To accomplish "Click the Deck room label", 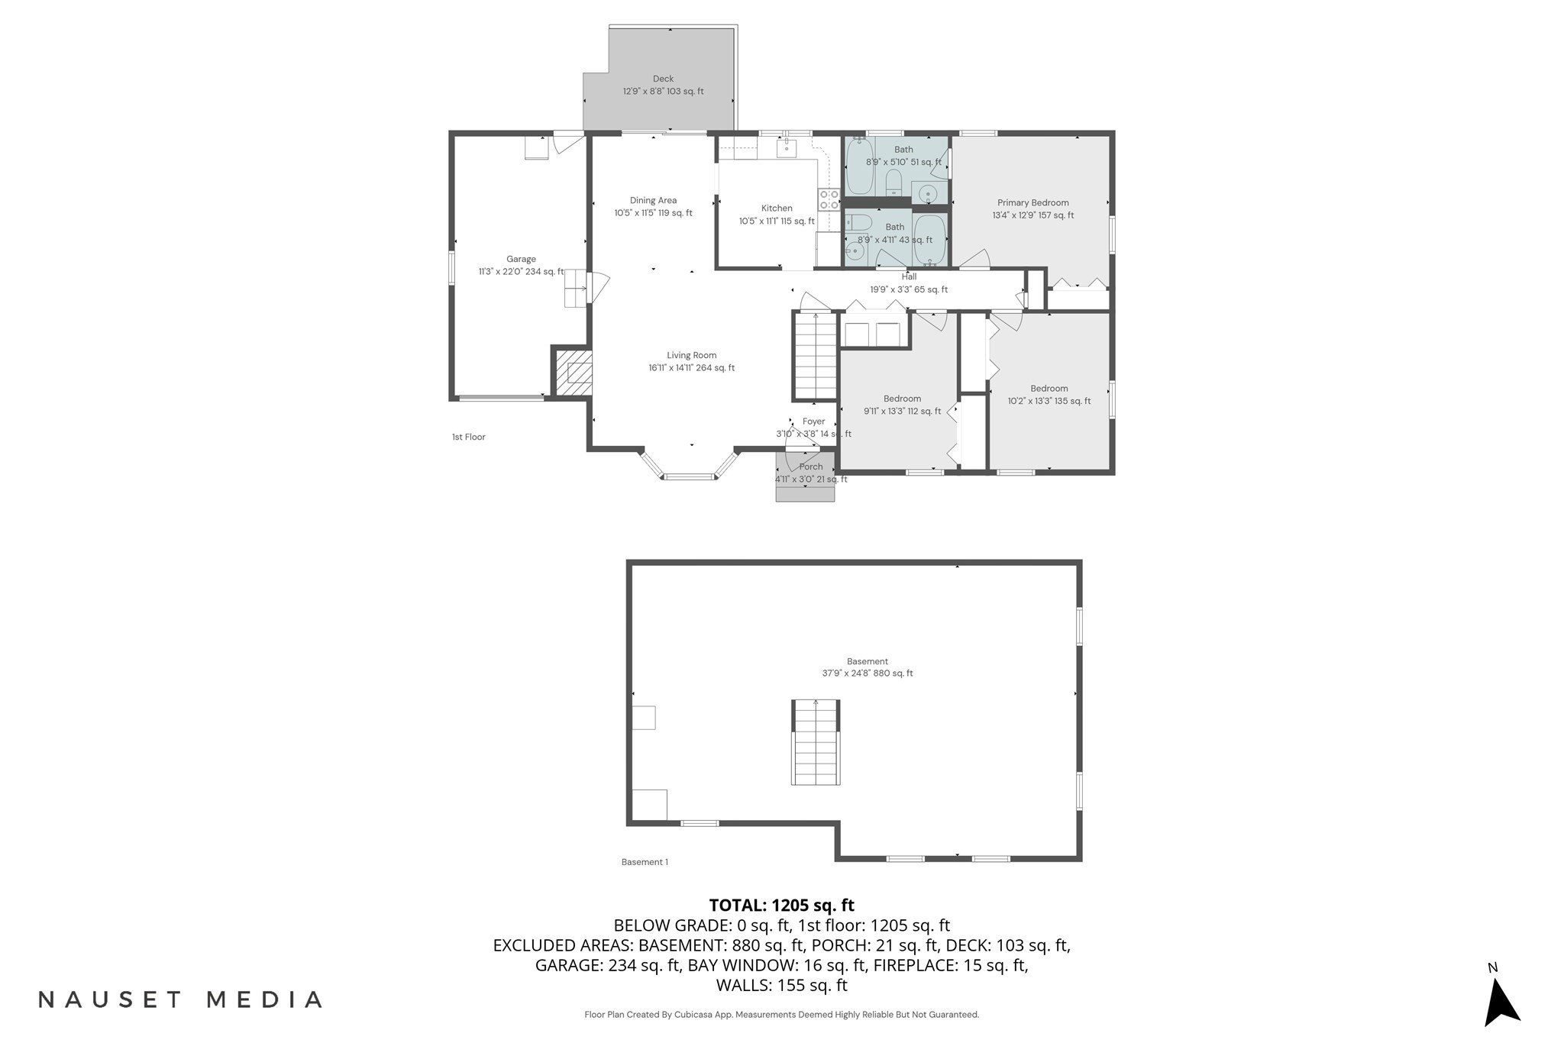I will pos(663,79).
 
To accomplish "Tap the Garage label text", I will pos(521,260).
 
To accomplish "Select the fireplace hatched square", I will pos(574,372).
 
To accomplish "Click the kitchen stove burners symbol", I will pos(829,200).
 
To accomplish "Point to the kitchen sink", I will pos(787,148).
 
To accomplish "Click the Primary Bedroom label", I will pos(1032,203).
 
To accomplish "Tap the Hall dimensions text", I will pos(909,290).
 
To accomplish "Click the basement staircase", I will pos(816,742).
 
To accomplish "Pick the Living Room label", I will pos(691,356).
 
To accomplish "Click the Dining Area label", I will pos(653,201).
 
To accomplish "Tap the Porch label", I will pos(811,467).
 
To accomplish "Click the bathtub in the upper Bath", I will pos(860,166).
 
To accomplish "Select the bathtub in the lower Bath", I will pos(929,240).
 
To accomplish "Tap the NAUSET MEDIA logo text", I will pos(180,999).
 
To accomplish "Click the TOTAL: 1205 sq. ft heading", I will pos(781,906).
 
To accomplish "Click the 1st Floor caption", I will pos(468,438).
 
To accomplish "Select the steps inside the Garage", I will pos(575,289).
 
